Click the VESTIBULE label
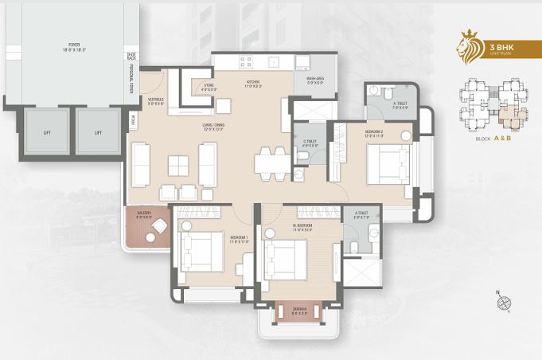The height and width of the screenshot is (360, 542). [x=155, y=100]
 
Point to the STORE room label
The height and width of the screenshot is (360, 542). [x=209, y=87]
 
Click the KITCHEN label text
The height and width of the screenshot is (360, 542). [x=254, y=83]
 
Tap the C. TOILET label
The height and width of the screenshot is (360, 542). [x=310, y=143]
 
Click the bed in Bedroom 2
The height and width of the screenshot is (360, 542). [x=388, y=166]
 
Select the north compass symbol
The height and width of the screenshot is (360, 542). [x=504, y=303]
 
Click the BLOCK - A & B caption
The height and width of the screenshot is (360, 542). [x=493, y=139]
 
